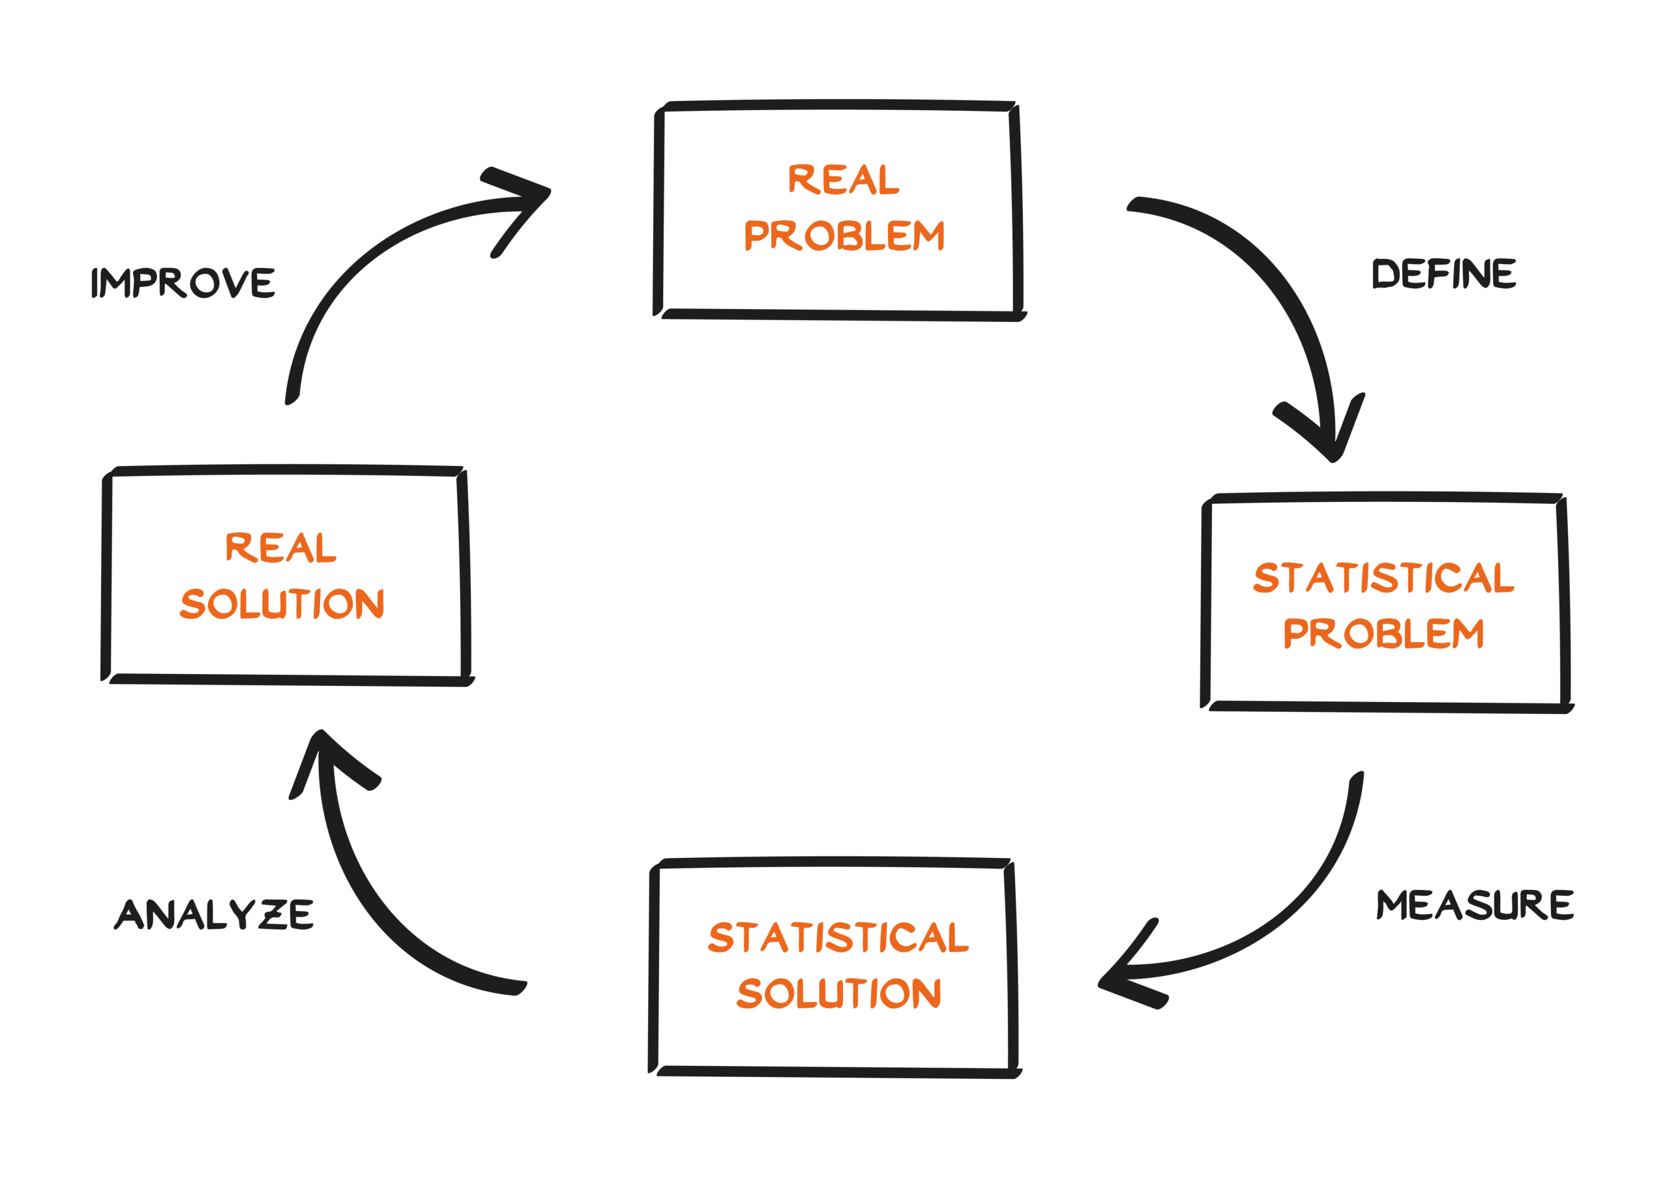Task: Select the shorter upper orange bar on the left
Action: coord(342,548)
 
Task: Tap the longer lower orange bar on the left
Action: coord(320,607)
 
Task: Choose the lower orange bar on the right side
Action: coord(1413,642)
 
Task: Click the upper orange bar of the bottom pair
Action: coord(858,940)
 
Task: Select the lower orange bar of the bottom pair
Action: coord(868,999)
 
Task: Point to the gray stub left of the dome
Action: coord(189,291)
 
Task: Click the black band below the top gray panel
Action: coord(799,440)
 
